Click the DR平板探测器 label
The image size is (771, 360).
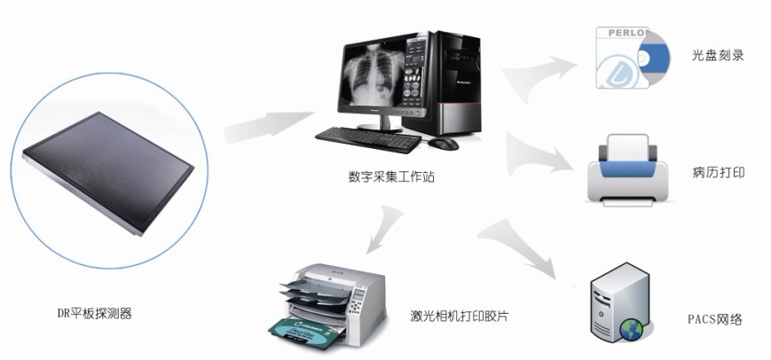(x=94, y=313)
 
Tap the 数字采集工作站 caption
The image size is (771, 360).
(x=391, y=176)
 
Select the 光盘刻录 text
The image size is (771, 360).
(x=718, y=56)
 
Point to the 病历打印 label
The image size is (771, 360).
(x=719, y=172)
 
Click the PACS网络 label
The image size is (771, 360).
(x=714, y=320)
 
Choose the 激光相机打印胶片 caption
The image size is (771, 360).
(x=460, y=316)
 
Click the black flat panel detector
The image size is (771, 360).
(x=108, y=172)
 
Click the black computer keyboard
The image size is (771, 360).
(x=368, y=139)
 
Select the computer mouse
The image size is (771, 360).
(x=443, y=144)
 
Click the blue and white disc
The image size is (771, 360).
(x=652, y=58)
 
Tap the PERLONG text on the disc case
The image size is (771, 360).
(x=628, y=33)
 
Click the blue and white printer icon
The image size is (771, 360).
(x=628, y=170)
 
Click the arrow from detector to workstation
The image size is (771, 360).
(x=269, y=127)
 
